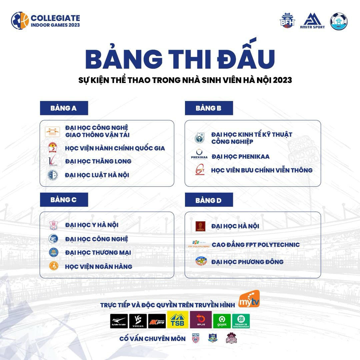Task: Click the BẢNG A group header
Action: (x=64, y=108)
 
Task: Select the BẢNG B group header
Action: (x=209, y=108)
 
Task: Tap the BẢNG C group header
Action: (x=64, y=200)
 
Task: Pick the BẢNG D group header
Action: (x=209, y=200)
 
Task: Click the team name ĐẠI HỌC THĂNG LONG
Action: (x=98, y=161)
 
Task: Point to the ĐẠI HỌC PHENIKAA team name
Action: (x=240, y=156)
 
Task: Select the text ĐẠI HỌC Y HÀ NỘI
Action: (x=92, y=225)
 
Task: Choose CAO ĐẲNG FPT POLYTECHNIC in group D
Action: (x=256, y=245)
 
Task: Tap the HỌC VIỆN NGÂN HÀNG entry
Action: (x=99, y=266)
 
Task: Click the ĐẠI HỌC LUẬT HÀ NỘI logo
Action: (x=52, y=175)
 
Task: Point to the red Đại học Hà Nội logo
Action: (x=200, y=226)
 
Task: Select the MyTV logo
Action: (x=249, y=299)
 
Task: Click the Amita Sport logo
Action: (x=312, y=21)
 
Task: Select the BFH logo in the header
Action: (x=287, y=21)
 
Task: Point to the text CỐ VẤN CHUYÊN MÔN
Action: (x=152, y=339)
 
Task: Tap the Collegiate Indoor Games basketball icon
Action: (x=20, y=21)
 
